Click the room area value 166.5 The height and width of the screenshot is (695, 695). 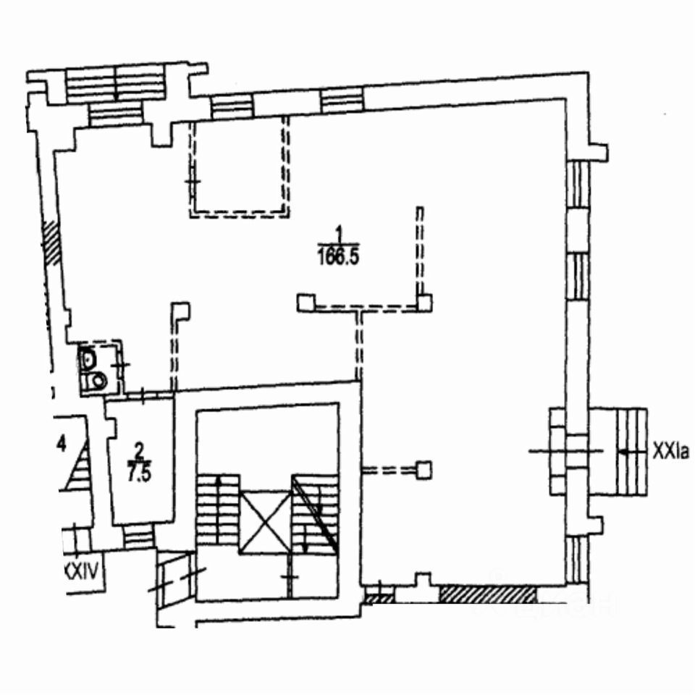point(339,256)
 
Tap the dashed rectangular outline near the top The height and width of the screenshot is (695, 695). point(239,167)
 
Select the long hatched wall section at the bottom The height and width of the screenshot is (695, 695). point(488,594)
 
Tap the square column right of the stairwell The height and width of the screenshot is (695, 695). point(424,471)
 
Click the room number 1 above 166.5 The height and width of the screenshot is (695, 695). point(338,231)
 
